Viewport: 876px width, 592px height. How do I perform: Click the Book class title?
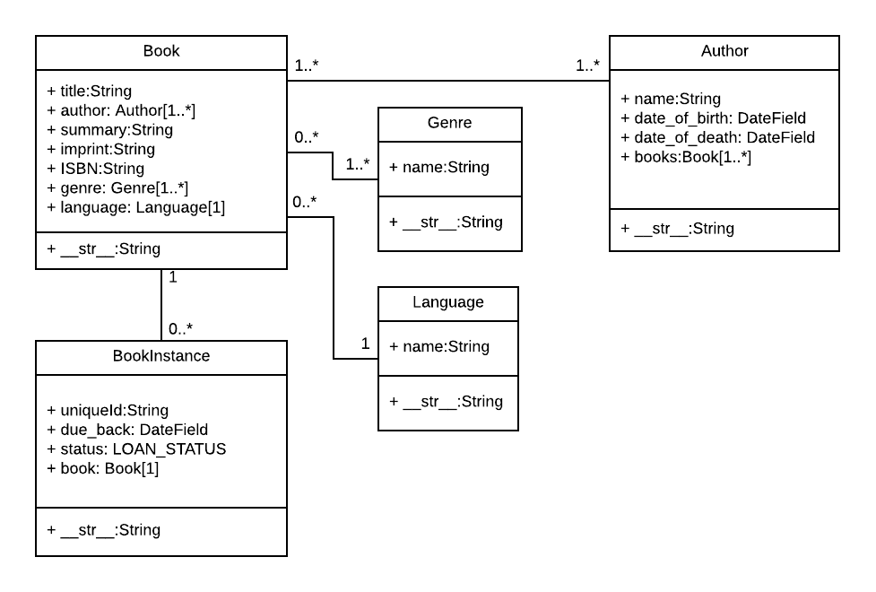pos(161,51)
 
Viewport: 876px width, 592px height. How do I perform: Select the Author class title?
pos(724,51)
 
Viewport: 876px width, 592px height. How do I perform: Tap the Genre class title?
pos(449,123)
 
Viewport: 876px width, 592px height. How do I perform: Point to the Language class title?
pos(447,302)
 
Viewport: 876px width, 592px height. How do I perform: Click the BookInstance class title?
pos(161,356)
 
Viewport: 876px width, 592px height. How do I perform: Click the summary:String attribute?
pos(109,130)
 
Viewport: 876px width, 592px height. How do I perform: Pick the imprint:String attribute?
pos(100,149)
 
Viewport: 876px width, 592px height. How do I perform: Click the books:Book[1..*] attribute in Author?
pos(687,157)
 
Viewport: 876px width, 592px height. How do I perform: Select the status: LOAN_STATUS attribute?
pos(136,448)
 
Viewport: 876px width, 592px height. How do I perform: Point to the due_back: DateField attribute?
pos(127,430)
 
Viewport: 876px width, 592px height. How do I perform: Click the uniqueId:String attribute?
pos(108,411)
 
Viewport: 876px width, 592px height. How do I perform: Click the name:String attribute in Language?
pos(439,346)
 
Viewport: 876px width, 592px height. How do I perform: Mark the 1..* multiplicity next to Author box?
pos(587,65)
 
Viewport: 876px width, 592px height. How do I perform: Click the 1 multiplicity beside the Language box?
pos(365,343)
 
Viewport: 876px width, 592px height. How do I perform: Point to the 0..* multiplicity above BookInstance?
pos(180,328)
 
